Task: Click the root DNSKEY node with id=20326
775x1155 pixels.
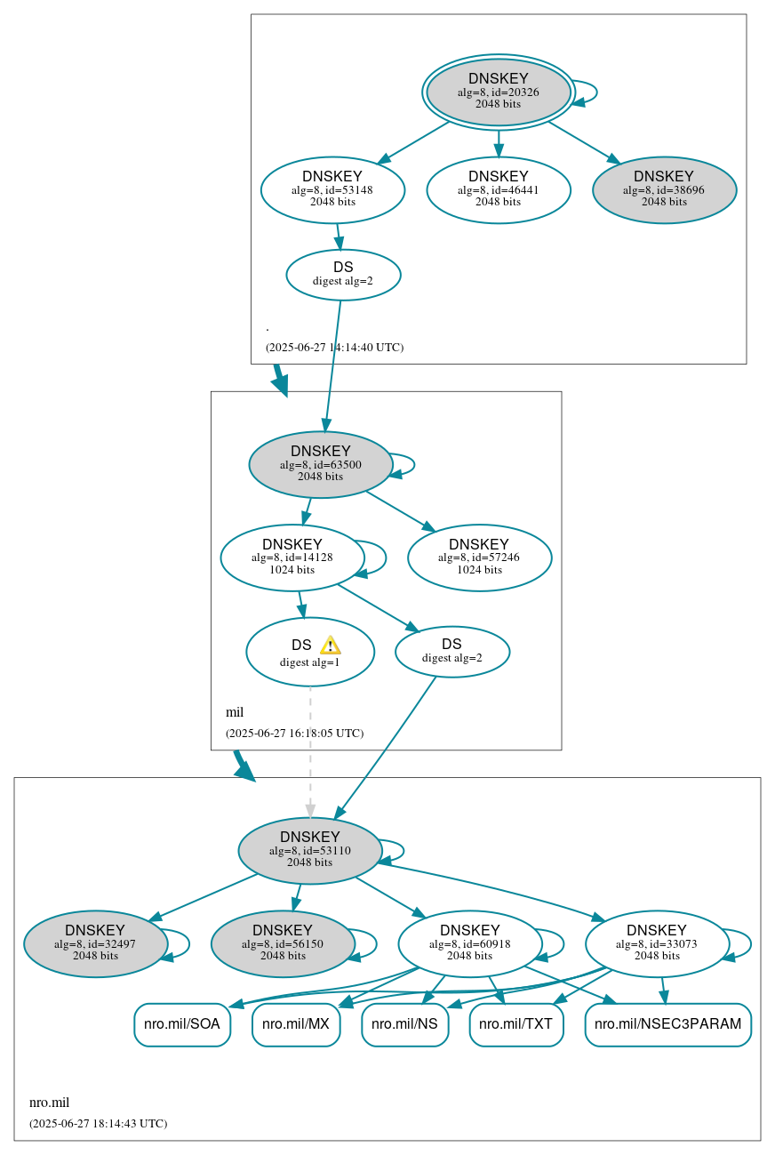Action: coord(498,92)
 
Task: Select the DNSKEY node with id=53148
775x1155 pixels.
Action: coord(332,189)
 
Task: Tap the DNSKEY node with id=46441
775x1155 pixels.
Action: coord(498,189)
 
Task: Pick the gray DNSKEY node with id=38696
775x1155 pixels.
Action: coord(664,189)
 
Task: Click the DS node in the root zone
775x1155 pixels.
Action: coord(343,275)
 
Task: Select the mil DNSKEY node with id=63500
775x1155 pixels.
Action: coord(320,464)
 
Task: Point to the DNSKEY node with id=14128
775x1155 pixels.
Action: coord(292,557)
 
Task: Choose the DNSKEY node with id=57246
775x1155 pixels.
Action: coord(479,557)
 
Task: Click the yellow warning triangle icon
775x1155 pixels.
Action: coord(330,646)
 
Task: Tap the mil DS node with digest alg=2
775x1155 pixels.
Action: coord(451,652)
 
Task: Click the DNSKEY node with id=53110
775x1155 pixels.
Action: coord(309,851)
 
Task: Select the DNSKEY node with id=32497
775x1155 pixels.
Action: coord(95,944)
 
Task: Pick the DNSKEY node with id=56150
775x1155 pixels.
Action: coord(283,944)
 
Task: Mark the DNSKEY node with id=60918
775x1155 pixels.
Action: coord(469,944)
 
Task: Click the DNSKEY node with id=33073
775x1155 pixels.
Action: coord(657,944)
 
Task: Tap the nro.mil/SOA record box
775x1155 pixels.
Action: coord(182,1024)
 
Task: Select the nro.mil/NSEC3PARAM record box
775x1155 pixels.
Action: coord(667,1024)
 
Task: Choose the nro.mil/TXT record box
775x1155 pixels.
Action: coord(515,1024)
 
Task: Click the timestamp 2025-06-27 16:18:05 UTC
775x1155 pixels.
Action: coord(294,734)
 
